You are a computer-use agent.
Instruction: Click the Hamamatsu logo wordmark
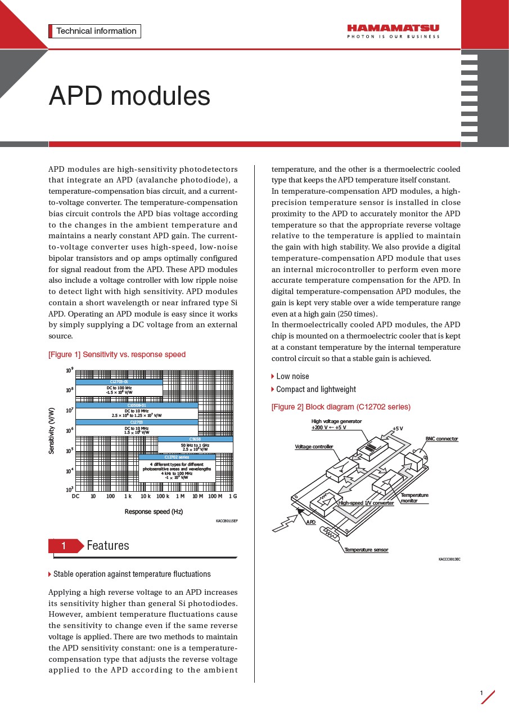(x=393, y=28)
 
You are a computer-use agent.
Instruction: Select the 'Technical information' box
(x=95, y=32)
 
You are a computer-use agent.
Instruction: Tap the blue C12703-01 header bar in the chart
(x=119, y=382)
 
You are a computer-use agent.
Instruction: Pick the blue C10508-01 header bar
(x=137, y=405)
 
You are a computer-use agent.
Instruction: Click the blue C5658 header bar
(x=195, y=439)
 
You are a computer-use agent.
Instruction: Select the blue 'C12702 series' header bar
(x=177, y=457)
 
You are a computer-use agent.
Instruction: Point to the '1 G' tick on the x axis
(x=232, y=496)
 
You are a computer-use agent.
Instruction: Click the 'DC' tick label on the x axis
(x=76, y=496)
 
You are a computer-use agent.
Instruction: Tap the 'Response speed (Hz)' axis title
(x=154, y=511)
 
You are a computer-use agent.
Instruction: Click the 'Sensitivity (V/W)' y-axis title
(x=52, y=431)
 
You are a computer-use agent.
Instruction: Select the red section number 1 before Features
(x=64, y=546)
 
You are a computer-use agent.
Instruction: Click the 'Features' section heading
(x=108, y=545)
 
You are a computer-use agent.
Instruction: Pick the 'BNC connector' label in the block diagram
(x=442, y=439)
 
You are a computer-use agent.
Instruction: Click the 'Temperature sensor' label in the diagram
(x=366, y=550)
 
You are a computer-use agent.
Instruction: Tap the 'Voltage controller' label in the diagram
(x=314, y=447)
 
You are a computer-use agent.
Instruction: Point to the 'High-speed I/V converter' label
(x=366, y=502)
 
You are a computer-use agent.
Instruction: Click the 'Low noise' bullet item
(x=292, y=376)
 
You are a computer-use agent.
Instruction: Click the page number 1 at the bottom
(x=481, y=693)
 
